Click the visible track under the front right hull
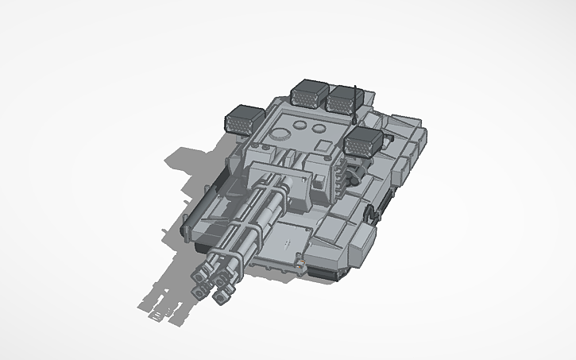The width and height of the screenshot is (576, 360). (x=326, y=272)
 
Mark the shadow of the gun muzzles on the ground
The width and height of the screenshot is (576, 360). (x=159, y=306)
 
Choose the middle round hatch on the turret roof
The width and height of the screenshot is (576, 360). (x=300, y=125)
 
